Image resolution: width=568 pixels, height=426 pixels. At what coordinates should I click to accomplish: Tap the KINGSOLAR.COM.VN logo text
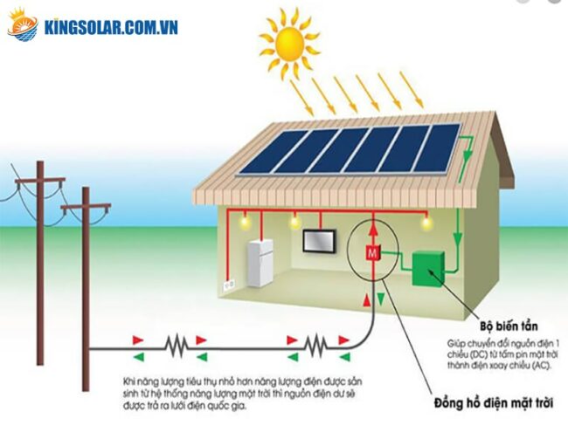[111, 26]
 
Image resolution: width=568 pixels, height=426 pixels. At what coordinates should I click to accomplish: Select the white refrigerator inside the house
[260, 263]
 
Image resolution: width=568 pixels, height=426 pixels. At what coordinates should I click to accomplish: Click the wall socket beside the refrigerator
[230, 284]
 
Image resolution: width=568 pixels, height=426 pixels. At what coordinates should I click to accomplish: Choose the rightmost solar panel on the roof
[437, 148]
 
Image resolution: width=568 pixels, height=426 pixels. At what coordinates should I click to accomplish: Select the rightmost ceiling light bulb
[426, 223]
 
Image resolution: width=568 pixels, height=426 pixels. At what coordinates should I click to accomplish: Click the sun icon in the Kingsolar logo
[24, 25]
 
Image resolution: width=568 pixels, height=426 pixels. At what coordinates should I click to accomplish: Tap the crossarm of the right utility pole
[86, 208]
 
